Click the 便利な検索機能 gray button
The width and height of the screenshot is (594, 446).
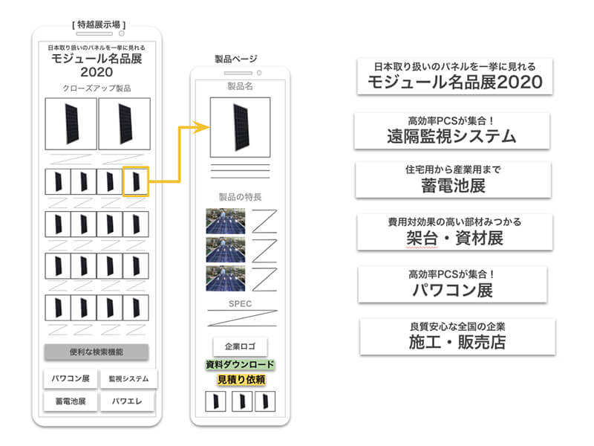(97, 352)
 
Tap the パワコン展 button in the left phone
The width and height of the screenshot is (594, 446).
(71, 378)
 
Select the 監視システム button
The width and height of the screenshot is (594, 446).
(128, 378)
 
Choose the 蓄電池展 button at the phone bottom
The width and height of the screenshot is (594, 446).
(71, 401)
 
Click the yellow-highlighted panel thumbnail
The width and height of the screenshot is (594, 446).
(136, 181)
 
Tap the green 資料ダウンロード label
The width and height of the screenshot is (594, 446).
(240, 365)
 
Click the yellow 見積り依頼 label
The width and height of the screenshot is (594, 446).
(241, 380)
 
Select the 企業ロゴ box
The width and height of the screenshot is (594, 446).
(240, 346)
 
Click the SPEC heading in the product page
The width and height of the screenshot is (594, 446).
(240, 304)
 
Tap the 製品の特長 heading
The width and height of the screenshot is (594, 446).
(240, 197)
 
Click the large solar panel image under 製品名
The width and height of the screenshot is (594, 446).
(240, 127)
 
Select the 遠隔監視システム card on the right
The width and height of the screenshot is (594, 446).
(452, 131)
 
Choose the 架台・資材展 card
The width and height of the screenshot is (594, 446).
(454, 232)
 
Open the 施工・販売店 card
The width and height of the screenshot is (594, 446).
(457, 337)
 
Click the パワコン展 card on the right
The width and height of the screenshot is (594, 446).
(452, 285)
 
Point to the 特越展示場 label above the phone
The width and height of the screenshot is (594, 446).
(99, 25)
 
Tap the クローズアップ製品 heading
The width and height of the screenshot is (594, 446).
(97, 88)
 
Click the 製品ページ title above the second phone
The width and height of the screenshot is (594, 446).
(236, 59)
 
